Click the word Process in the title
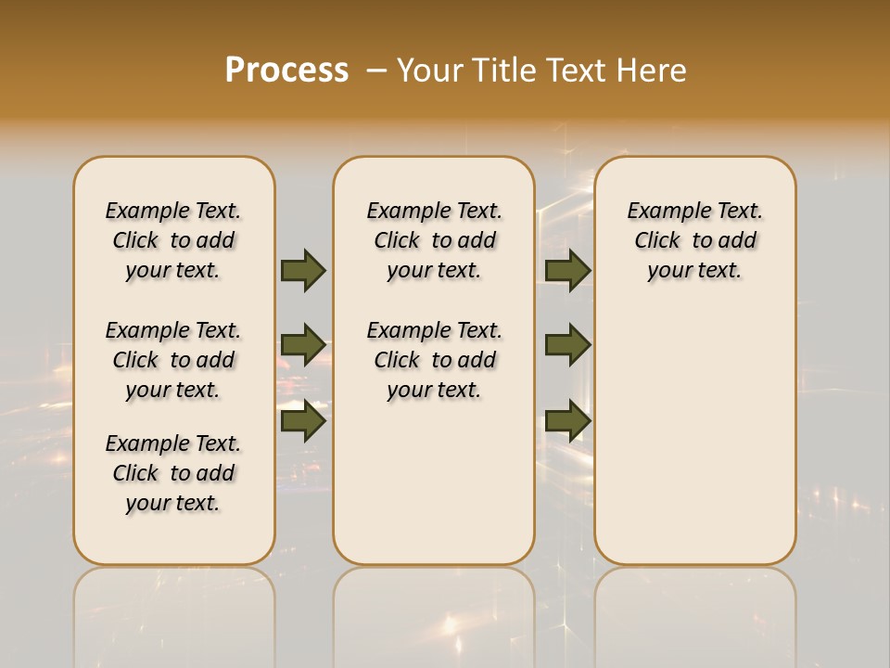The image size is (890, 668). [286, 70]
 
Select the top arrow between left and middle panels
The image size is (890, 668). [302, 270]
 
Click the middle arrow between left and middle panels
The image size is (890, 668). [302, 344]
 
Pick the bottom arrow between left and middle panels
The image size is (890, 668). [302, 421]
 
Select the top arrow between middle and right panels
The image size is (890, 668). [567, 270]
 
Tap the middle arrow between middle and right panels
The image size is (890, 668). [567, 344]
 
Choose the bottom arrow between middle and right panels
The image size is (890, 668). [567, 421]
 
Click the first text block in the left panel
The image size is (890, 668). [173, 240]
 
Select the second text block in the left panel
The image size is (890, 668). [173, 360]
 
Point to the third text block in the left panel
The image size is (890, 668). [173, 473]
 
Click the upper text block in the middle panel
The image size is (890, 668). [434, 240]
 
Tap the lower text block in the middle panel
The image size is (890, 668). [434, 360]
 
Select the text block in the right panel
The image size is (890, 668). [694, 240]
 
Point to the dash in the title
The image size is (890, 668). [376, 70]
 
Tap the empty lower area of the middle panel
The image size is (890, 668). [434, 482]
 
